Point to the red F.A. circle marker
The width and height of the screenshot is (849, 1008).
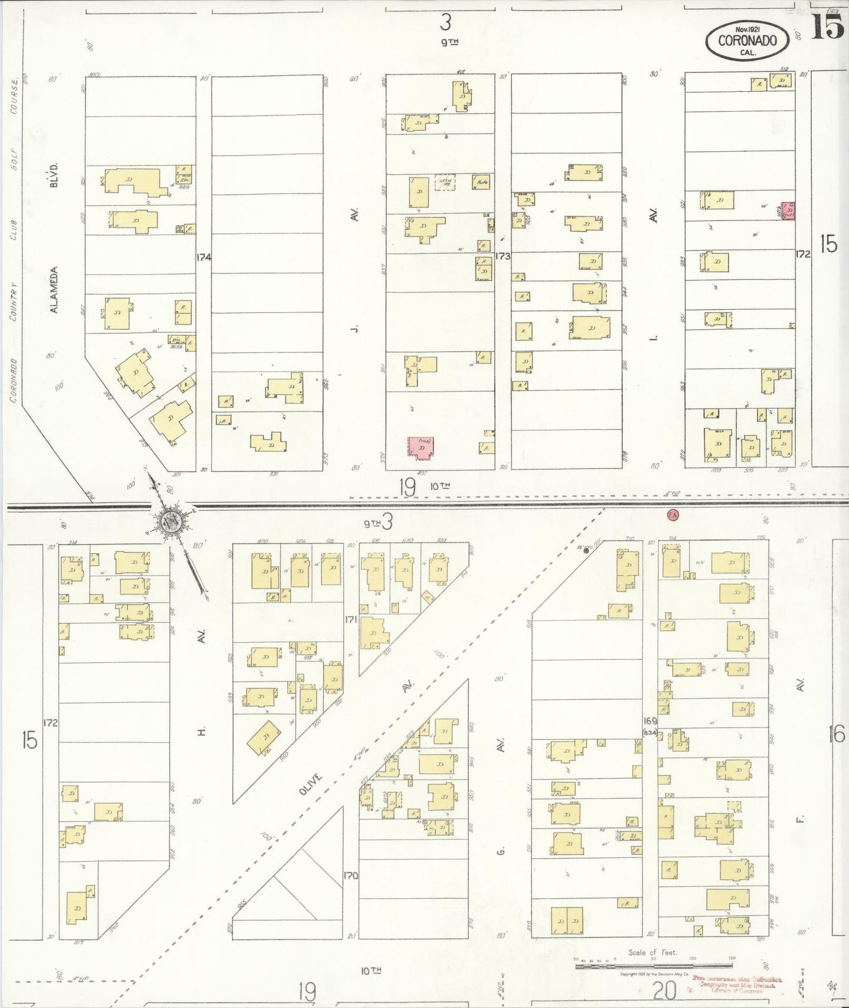click(x=673, y=515)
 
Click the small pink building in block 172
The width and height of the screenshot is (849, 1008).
click(x=788, y=211)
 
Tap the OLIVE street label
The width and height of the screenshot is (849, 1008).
click(x=311, y=785)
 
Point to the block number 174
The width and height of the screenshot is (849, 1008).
click(x=204, y=257)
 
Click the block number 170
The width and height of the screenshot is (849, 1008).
click(x=351, y=876)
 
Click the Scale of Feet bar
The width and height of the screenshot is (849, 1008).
click(x=653, y=966)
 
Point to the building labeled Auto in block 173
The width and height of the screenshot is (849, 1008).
click(x=482, y=182)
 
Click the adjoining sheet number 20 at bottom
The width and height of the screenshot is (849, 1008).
click(x=663, y=992)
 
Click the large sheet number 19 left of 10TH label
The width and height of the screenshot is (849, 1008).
click(x=407, y=487)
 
